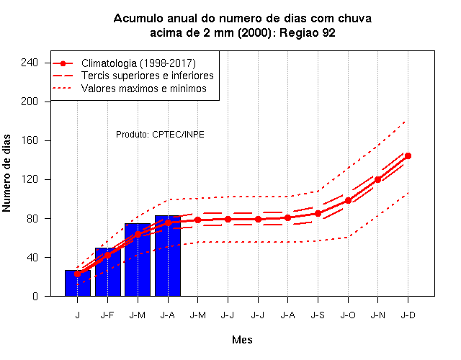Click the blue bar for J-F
coord(107,272)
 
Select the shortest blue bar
coord(78,283)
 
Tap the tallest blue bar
coord(168,256)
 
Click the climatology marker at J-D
coord(408,156)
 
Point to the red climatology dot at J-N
coord(377,179)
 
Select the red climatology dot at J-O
coord(348,201)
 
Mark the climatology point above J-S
coord(318,214)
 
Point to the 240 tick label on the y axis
coord(30,63)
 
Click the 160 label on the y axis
coord(30,140)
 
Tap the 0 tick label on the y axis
coord(35,296)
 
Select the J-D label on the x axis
coord(408,315)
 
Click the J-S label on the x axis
coord(318,315)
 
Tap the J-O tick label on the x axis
coord(348,315)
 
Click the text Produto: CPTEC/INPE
coord(160,135)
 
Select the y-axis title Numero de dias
coord(6,174)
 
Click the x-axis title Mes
coord(242,340)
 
